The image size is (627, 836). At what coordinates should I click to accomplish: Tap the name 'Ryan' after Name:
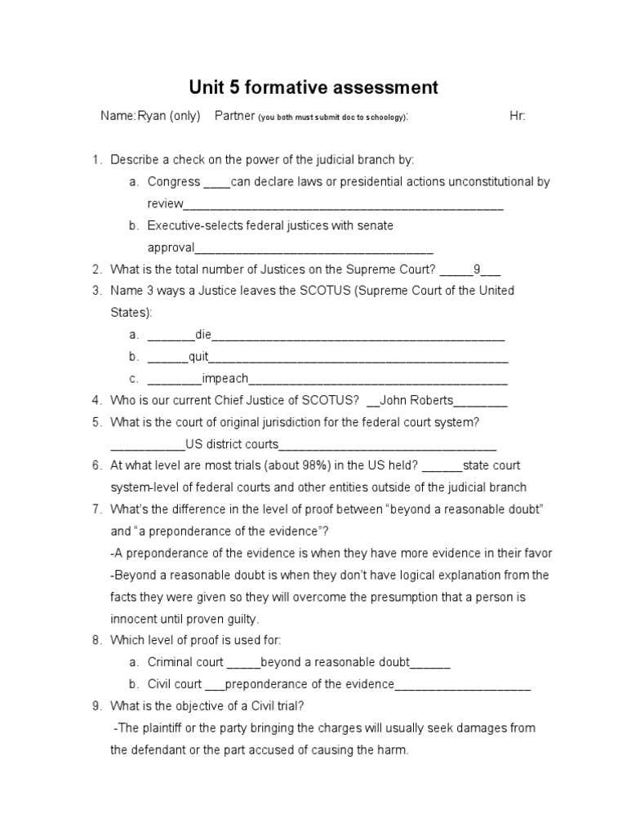(151, 116)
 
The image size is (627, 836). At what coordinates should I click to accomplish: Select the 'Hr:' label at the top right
(518, 116)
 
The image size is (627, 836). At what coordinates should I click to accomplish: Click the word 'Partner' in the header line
(234, 116)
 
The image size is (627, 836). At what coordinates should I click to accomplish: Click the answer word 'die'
(203, 335)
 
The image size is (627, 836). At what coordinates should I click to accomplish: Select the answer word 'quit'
(199, 357)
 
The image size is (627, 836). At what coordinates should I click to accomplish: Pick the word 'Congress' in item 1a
(173, 181)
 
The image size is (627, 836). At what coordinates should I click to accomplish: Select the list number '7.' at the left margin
(96, 509)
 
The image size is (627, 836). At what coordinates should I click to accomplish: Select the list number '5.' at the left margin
(96, 422)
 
